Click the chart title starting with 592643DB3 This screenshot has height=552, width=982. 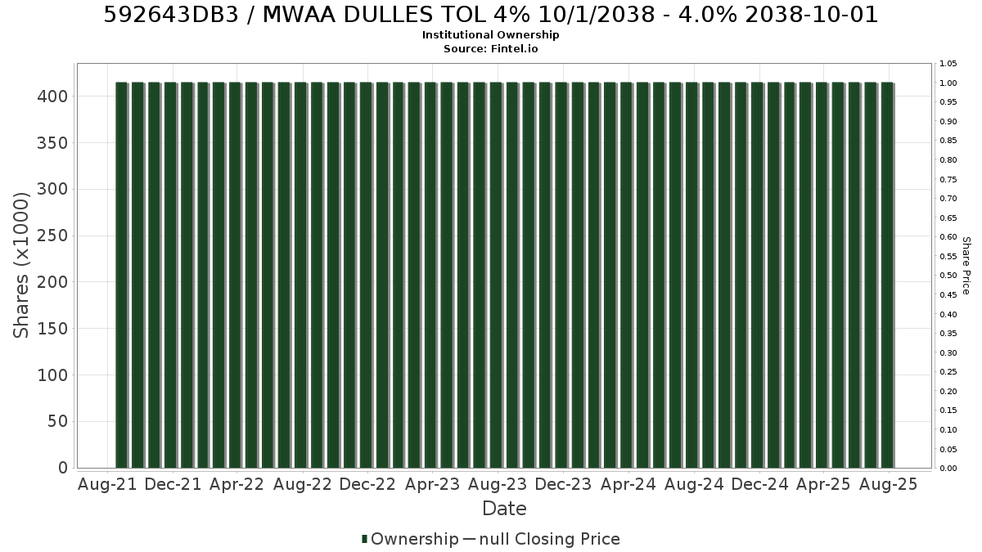click(x=490, y=15)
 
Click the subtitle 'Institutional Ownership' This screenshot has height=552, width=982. click(x=490, y=35)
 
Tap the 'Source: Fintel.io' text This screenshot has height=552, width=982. click(x=490, y=48)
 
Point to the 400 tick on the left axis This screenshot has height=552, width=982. click(x=52, y=96)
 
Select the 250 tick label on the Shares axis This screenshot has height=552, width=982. click(x=52, y=236)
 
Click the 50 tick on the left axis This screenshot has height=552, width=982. click(x=58, y=421)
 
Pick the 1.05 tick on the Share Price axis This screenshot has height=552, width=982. click(x=948, y=64)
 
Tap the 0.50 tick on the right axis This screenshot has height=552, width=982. click(x=948, y=276)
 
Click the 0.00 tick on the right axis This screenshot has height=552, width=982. click(x=948, y=469)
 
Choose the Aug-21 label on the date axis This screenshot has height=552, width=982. click(x=107, y=484)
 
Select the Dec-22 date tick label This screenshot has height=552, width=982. click(x=367, y=484)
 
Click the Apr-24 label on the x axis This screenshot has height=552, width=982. click(x=628, y=484)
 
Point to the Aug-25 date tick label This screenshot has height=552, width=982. click(x=888, y=484)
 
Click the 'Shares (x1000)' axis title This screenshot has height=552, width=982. click(x=21, y=265)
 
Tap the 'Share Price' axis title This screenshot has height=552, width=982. click(x=966, y=266)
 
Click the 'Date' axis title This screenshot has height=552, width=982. click(x=504, y=509)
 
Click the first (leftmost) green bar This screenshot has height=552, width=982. click(x=121, y=275)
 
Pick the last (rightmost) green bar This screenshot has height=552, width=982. click(x=887, y=275)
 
